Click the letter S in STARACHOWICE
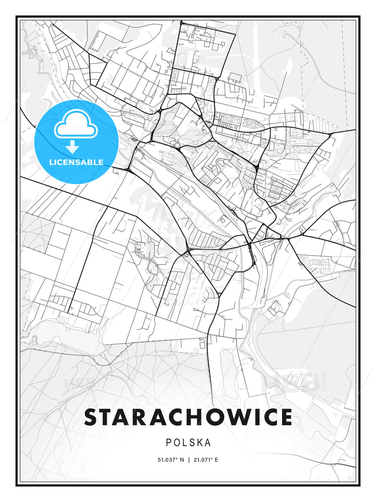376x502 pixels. pos(92,417)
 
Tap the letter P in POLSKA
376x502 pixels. pos(169,443)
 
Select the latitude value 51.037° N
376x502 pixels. pos(171,460)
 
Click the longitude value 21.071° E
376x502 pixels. pos(206,460)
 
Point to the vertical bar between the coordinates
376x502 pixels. pos(189,460)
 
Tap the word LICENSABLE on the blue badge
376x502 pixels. pos(76,162)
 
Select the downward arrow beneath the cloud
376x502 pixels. pos(73,147)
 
